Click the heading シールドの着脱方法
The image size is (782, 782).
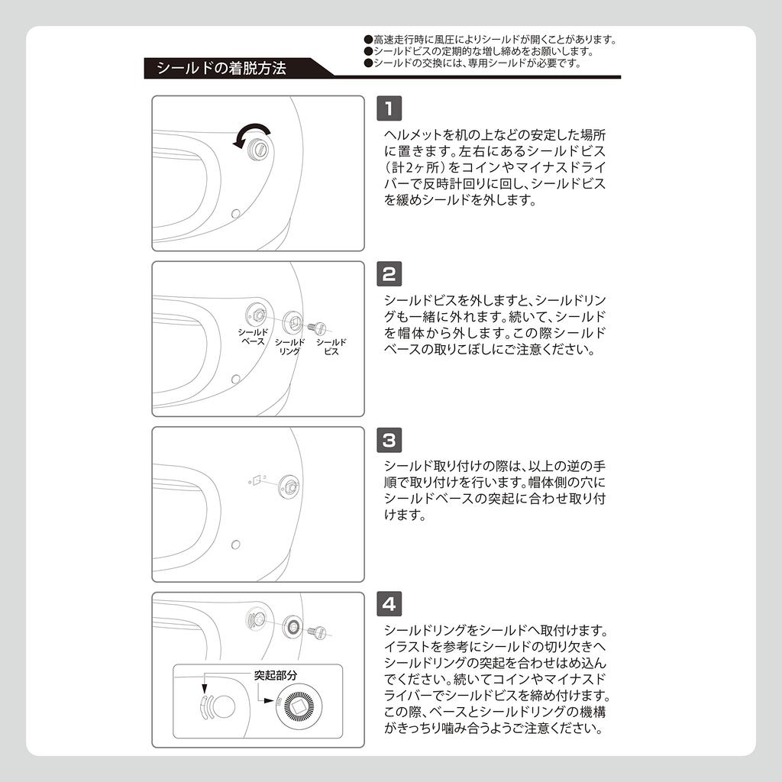(x=221, y=68)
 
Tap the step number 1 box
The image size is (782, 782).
(x=389, y=108)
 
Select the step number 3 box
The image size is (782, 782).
(x=389, y=440)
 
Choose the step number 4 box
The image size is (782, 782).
(x=389, y=605)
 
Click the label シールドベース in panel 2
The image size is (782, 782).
(x=253, y=337)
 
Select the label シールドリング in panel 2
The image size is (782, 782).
(x=289, y=347)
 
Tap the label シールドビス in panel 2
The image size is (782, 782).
(x=331, y=347)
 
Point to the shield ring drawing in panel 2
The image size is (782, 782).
(x=291, y=322)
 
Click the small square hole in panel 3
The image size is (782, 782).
(x=258, y=480)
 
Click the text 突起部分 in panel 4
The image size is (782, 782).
(x=276, y=676)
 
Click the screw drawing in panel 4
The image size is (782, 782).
(x=317, y=631)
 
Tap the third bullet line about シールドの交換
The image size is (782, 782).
(x=477, y=63)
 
